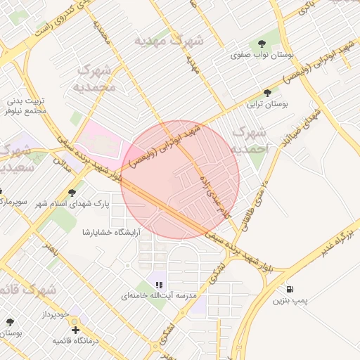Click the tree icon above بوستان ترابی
click(x=267, y=93)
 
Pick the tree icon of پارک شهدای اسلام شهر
click(x=72, y=193)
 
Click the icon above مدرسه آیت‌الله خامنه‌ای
click(x=159, y=285)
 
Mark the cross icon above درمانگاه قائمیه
click(x=75, y=329)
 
